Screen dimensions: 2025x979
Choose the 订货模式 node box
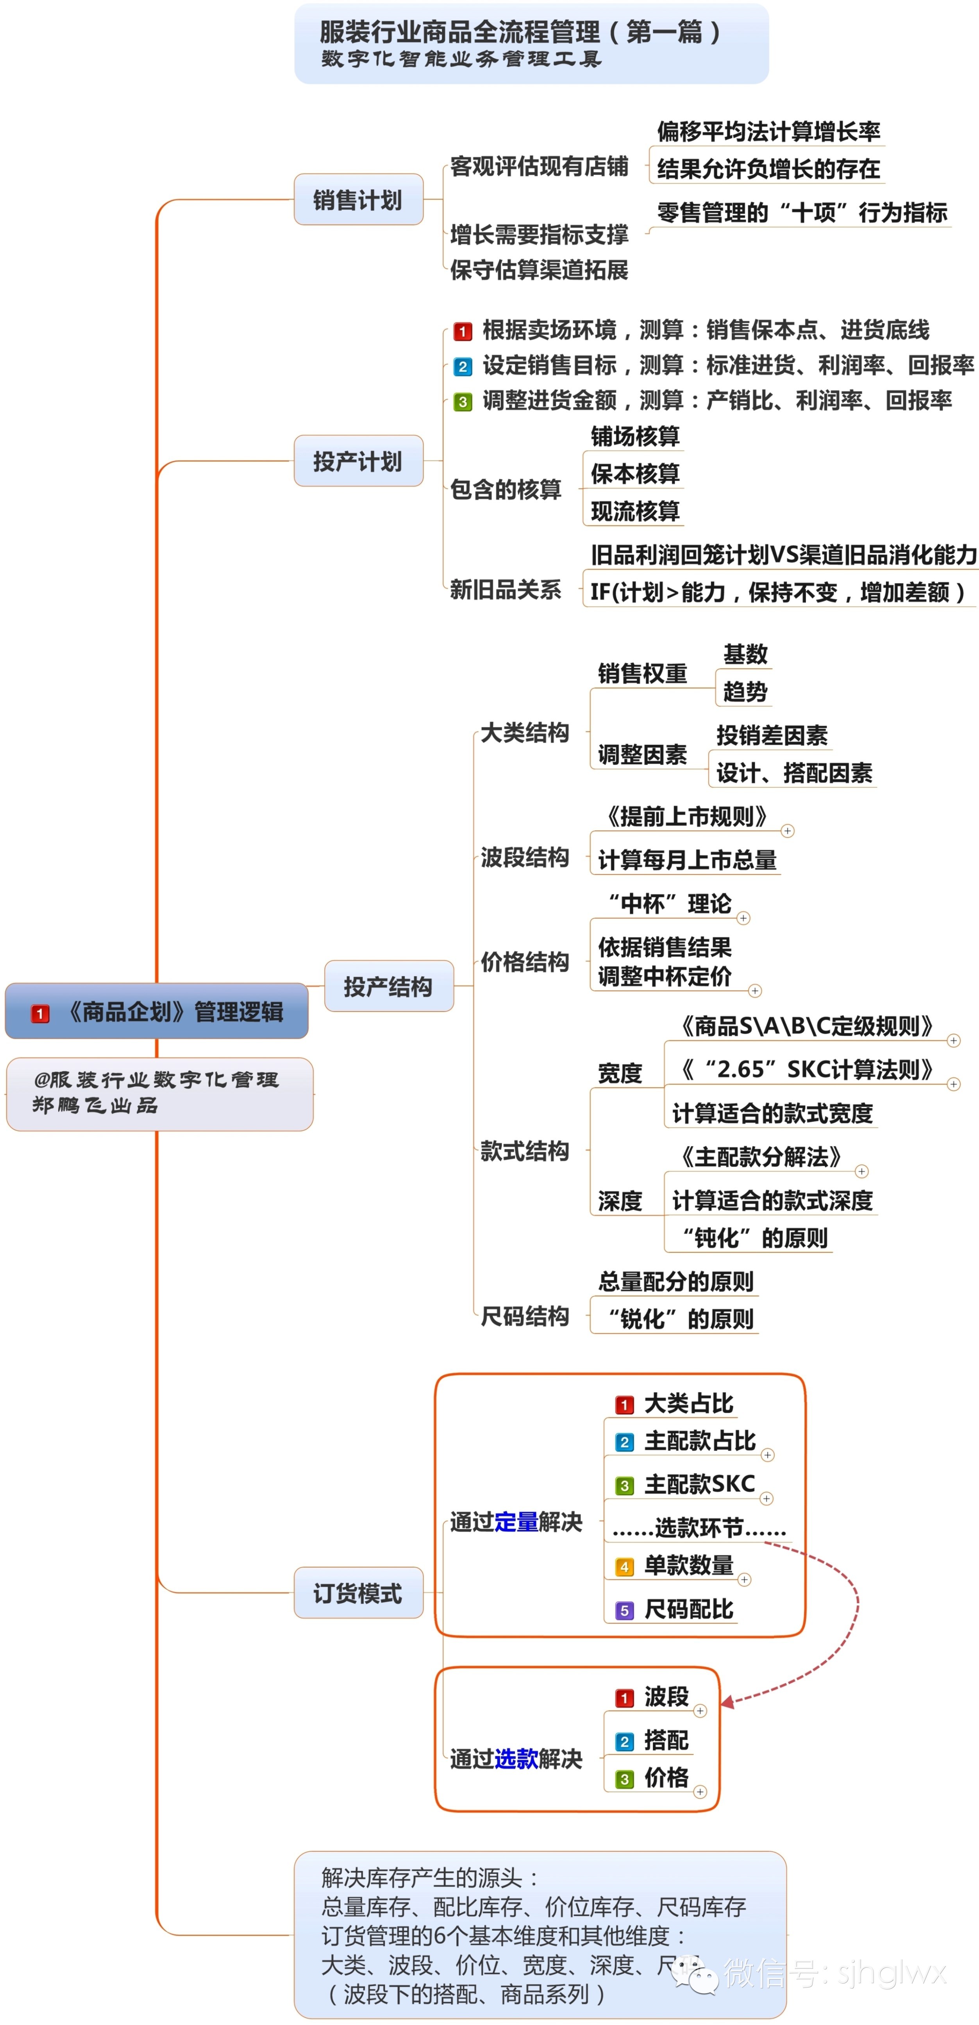click(x=358, y=1593)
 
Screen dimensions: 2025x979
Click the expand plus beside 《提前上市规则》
click(x=787, y=831)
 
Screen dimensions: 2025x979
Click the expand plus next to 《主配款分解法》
click(x=862, y=1171)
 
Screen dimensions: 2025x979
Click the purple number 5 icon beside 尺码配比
click(x=624, y=1610)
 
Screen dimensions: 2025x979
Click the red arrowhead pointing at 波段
click(x=727, y=1702)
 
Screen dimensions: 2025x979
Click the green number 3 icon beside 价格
click(x=624, y=1779)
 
